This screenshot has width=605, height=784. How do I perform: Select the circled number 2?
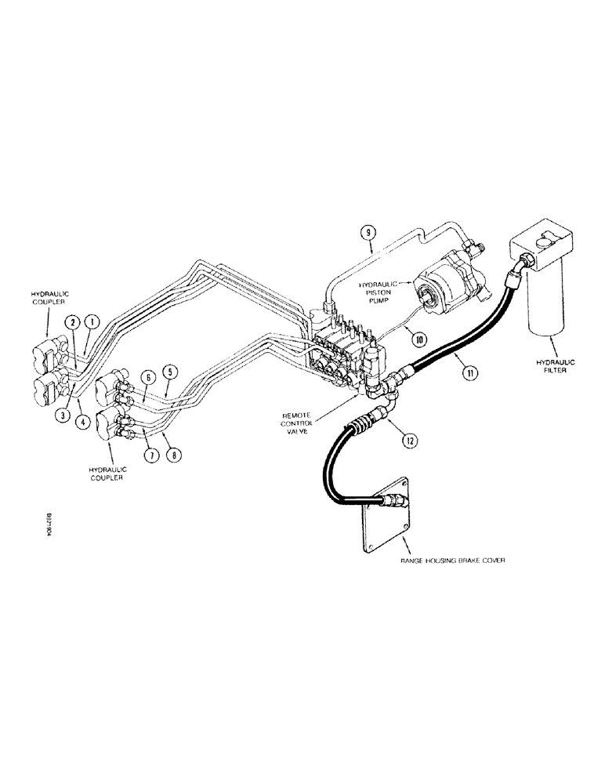pyautogui.click(x=71, y=322)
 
